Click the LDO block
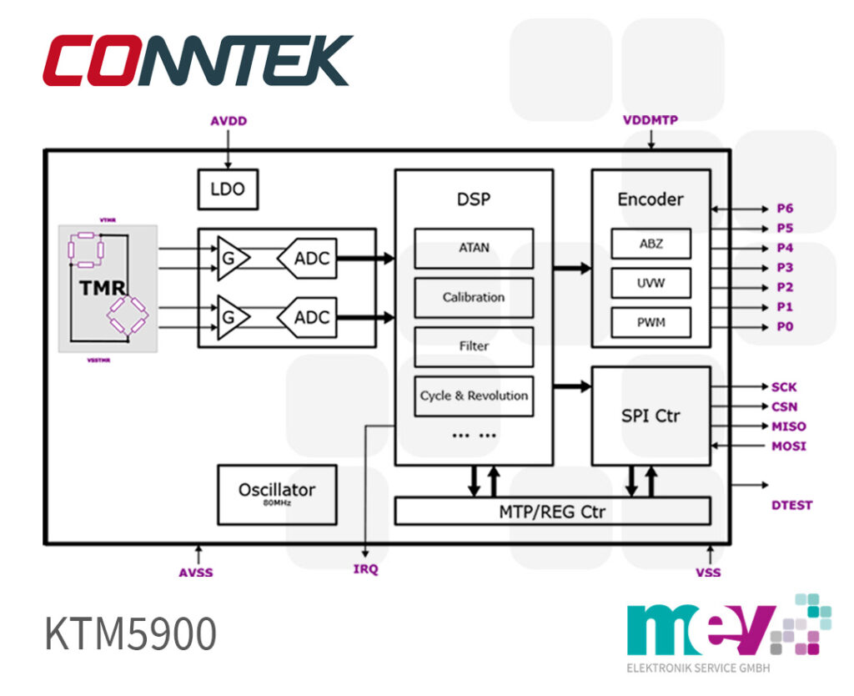(228, 189)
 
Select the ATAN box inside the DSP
(474, 248)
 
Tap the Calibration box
(474, 297)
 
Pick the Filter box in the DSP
(474, 346)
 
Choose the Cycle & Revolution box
(474, 396)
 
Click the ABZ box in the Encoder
(651, 244)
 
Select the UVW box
(651, 283)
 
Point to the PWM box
(651, 322)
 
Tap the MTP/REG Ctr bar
(552, 512)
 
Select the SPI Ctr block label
(651, 416)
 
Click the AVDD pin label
(229, 121)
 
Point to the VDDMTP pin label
(651, 119)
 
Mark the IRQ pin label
(365, 569)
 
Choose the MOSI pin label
(789, 446)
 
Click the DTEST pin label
(791, 505)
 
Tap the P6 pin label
(785, 209)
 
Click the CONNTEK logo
(198, 60)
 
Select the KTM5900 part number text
(131, 634)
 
